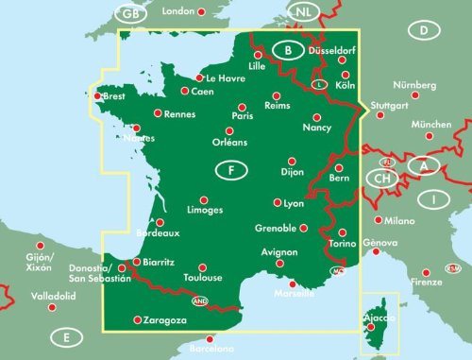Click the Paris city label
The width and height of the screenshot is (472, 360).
[244, 117]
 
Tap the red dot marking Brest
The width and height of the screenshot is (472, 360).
[98, 94]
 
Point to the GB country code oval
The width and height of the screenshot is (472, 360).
[129, 13]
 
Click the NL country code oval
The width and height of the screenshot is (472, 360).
[304, 11]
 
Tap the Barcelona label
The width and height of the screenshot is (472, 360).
[213, 350]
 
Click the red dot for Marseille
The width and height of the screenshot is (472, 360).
[292, 283]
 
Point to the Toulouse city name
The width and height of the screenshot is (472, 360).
[203, 278]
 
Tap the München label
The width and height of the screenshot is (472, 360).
[431, 124]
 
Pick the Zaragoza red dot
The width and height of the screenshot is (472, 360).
[138, 319]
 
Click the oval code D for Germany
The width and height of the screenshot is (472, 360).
[425, 30]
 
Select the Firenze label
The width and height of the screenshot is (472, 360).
[427, 283]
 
